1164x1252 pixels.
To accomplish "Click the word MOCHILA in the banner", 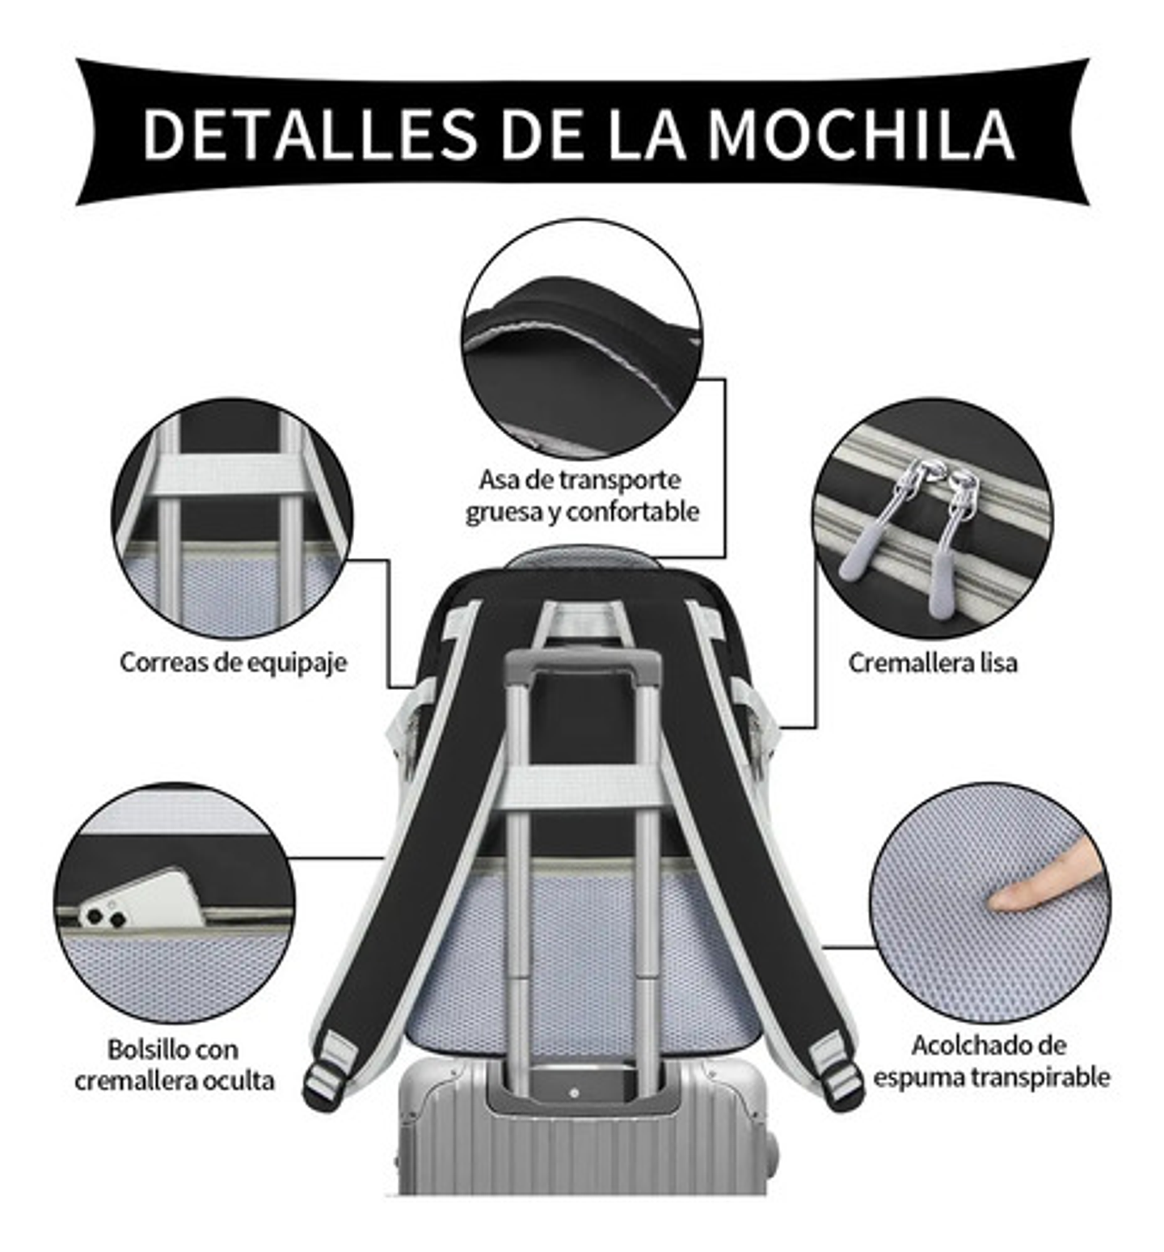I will [x=860, y=133].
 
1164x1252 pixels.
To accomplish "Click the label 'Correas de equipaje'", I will [x=234, y=662].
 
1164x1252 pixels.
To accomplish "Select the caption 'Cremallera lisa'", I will [x=932, y=663].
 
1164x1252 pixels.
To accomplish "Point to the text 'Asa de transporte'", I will [x=580, y=480].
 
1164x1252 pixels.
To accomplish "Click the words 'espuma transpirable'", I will [x=991, y=1077].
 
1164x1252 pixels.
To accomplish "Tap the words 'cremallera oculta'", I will [x=175, y=1081].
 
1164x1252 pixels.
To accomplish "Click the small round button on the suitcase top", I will [x=574, y=1093].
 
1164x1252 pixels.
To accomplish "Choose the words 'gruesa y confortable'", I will [x=582, y=512].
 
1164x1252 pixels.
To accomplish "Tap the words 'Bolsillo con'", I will [x=173, y=1050].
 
